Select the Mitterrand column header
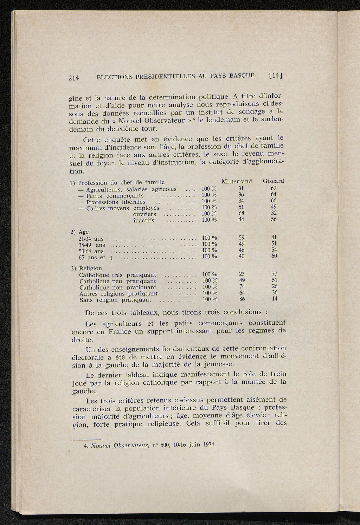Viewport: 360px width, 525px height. (237, 181)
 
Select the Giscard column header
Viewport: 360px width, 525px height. (273, 181)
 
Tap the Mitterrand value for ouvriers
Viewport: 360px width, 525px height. (241, 213)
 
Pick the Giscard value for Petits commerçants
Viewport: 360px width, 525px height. (274, 194)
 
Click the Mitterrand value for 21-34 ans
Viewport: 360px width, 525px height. (242, 238)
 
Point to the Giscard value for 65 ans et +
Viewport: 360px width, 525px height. (274, 256)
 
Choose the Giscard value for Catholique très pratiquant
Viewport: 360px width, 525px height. (275, 274)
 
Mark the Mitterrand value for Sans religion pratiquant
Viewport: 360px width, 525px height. (242, 299)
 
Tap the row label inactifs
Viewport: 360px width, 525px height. (143, 221)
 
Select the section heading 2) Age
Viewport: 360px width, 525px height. (79, 232)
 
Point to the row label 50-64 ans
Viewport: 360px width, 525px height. (91, 251)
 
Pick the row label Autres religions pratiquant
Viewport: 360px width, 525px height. (118, 294)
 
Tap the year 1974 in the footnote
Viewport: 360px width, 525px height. (207, 445)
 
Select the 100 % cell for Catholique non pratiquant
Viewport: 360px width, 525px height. (210, 287)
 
